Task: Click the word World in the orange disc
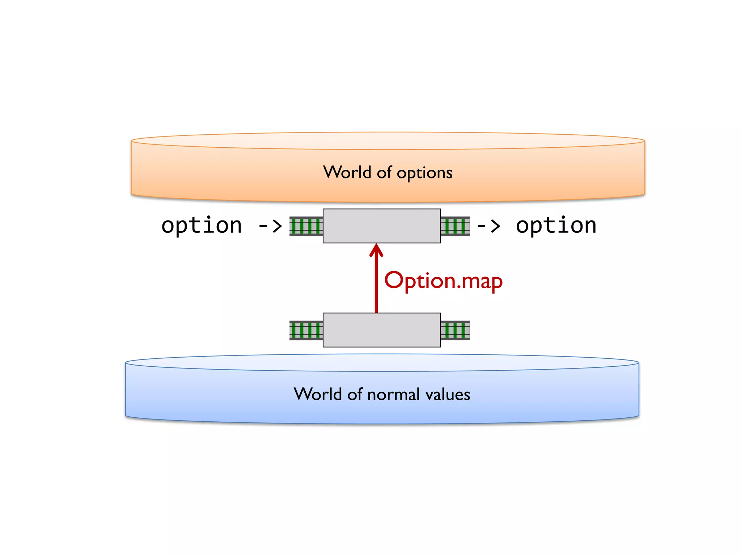[x=347, y=172]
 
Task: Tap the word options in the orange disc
[x=424, y=173]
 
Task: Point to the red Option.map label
[x=443, y=281]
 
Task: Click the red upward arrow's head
[x=376, y=250]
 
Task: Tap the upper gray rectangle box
[x=381, y=226]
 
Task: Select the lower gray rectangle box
[x=381, y=330]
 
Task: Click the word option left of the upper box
[x=202, y=226]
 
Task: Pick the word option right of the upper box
[x=556, y=226]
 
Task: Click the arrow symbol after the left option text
[x=270, y=226]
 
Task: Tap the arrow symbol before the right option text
[x=488, y=226]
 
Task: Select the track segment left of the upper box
[x=306, y=226]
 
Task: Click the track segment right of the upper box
[x=455, y=226]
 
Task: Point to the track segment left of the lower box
[x=306, y=330]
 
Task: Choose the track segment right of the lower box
[x=455, y=330]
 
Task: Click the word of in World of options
[x=384, y=172]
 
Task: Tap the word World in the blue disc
[x=318, y=394]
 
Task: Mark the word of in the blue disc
[x=355, y=394]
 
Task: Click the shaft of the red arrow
[x=376, y=286]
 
